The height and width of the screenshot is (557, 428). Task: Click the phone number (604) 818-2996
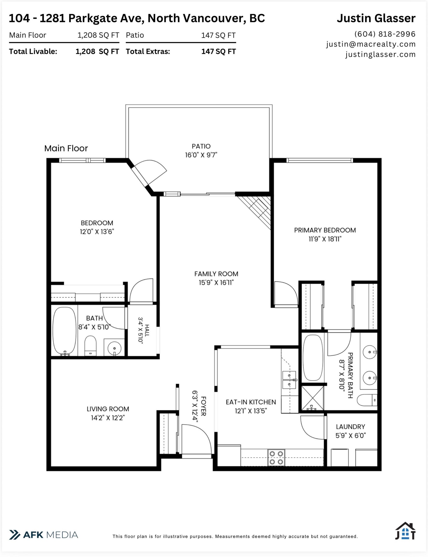coord(385,34)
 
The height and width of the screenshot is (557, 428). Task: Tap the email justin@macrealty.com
coord(371,44)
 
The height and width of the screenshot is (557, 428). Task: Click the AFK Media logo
coord(43,535)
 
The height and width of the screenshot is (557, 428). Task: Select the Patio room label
coord(201,146)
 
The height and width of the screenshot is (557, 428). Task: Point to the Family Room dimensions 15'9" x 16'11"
coord(216,282)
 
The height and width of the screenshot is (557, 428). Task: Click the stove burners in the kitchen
coord(276,457)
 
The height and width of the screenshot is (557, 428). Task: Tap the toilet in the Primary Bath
coord(367,400)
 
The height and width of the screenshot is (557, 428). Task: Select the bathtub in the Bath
coord(64,331)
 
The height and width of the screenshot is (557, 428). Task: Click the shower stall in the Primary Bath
coord(312,398)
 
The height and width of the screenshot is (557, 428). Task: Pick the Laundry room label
coord(350,427)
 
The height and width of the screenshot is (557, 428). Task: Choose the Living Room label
coord(108,409)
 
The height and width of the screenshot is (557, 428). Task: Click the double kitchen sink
coord(289,380)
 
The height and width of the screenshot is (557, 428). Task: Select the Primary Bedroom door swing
coord(286,293)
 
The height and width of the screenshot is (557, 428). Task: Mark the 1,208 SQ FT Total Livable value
coord(97,51)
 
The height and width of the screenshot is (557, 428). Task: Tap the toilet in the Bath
coord(90,345)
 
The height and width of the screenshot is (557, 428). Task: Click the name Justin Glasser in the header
coord(376,18)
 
